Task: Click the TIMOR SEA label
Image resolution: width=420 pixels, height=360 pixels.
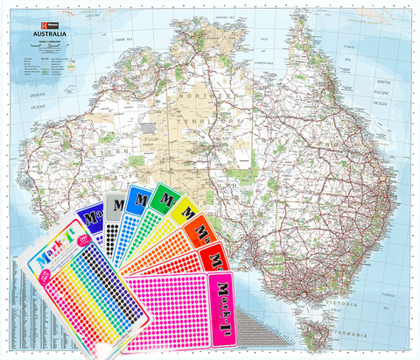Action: pyautogui.click(x=121, y=41)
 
